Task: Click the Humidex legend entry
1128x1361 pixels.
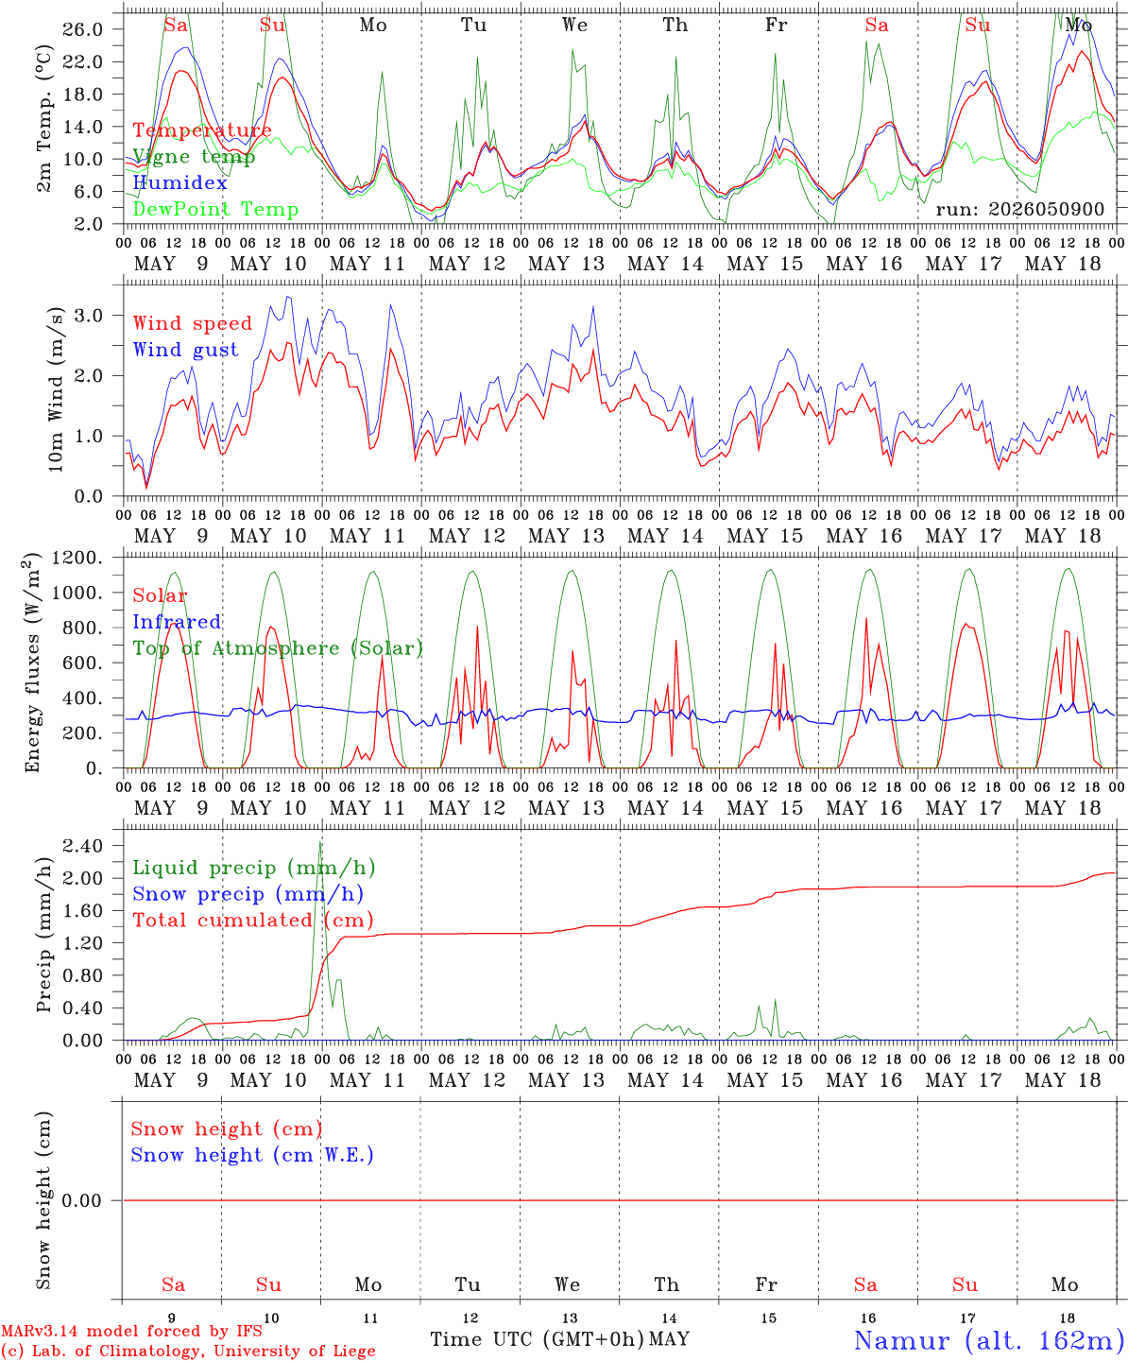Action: click(x=179, y=182)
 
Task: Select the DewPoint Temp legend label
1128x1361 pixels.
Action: click(x=215, y=209)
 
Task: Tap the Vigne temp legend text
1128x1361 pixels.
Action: click(x=195, y=157)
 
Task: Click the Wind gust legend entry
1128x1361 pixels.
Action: click(x=186, y=350)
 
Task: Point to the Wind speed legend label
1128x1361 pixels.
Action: click(x=192, y=324)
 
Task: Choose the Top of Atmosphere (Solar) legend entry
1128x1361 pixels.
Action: click(x=279, y=648)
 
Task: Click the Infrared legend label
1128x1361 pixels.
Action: click(x=178, y=622)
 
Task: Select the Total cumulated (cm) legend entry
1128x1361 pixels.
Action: click(x=253, y=921)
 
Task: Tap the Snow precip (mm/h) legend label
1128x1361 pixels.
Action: click(x=248, y=894)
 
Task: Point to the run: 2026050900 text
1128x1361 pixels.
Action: click(x=1020, y=209)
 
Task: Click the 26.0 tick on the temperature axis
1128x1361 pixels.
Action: click(x=83, y=29)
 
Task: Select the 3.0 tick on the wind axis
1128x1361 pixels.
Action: click(x=88, y=316)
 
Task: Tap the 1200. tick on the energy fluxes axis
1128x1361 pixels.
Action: click(x=77, y=558)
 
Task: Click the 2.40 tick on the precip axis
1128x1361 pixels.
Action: click(x=83, y=846)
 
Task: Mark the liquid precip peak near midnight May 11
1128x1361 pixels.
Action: click(x=320, y=842)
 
